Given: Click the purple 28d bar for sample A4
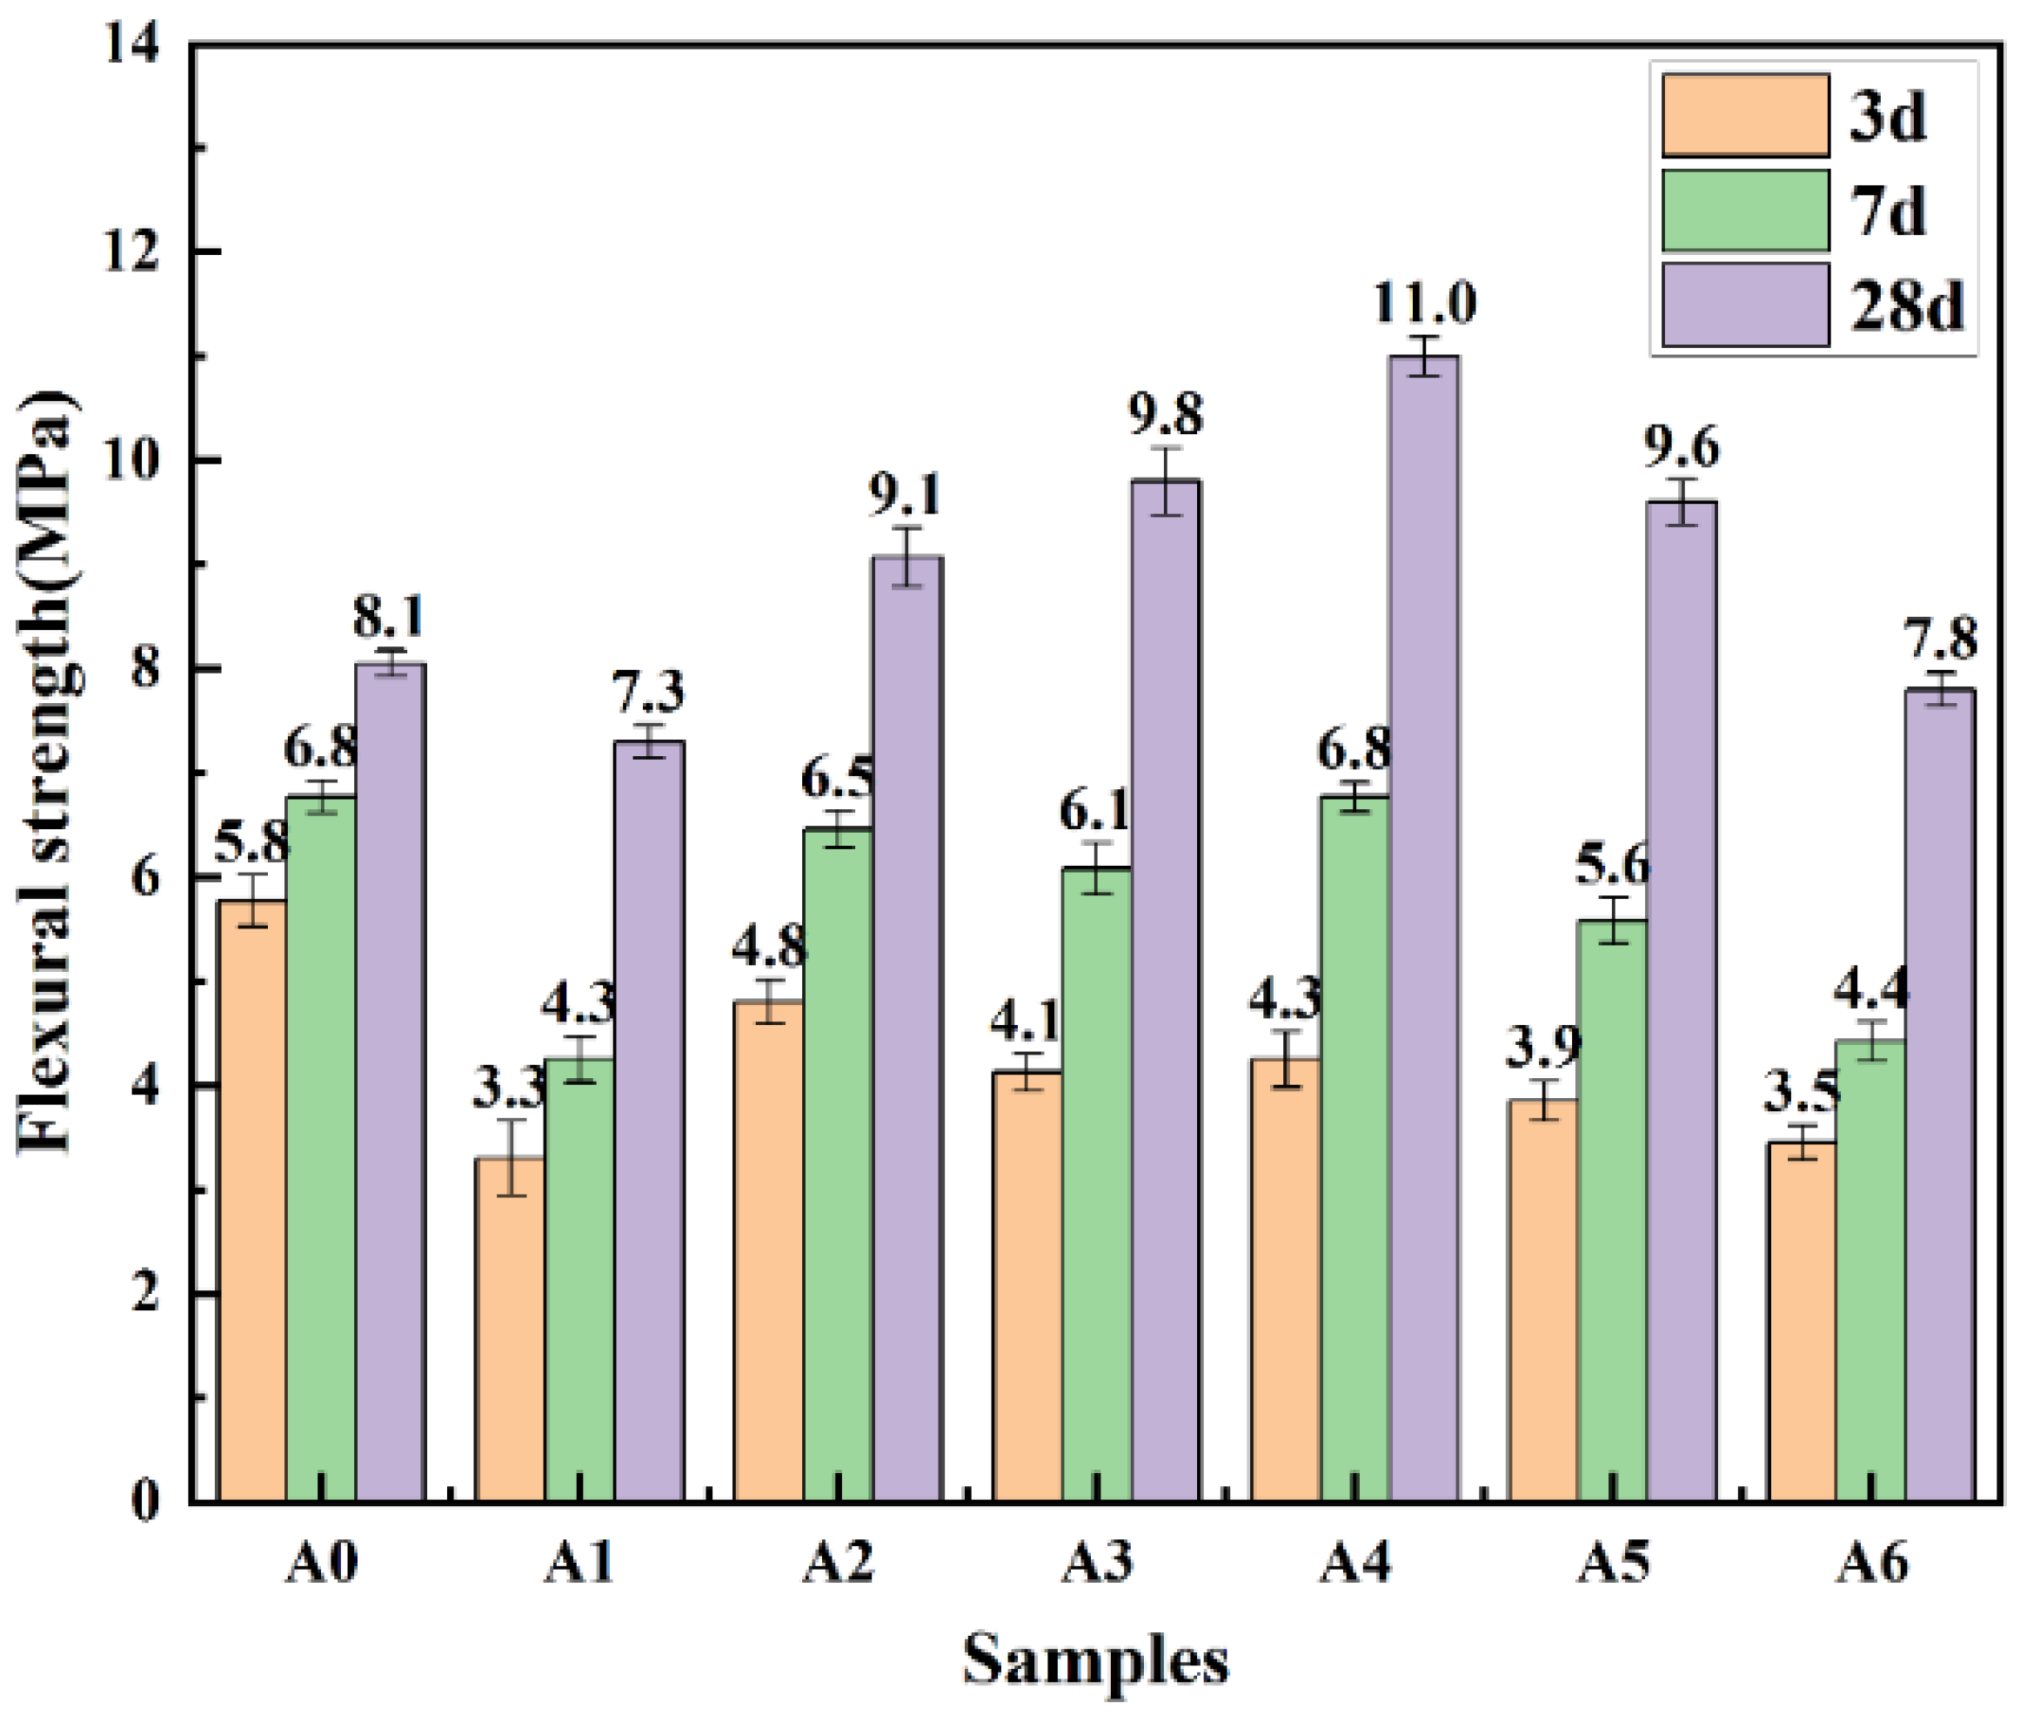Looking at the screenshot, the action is pyautogui.click(x=1424, y=928).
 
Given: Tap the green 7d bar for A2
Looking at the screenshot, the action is pyautogui.click(x=838, y=1165).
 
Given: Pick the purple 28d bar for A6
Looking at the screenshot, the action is pyautogui.click(x=1940, y=1095).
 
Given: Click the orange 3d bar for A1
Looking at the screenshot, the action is pyautogui.click(x=512, y=1330).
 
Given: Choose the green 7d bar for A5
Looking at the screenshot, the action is pyautogui.click(x=1613, y=1210).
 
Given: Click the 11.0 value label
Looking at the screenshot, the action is pyautogui.click(x=1424, y=304).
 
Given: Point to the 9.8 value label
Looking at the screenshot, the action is pyautogui.click(x=1166, y=414).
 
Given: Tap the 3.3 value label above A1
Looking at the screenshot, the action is pyautogui.click(x=510, y=1089).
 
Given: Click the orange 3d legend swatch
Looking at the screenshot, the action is pyautogui.click(x=1745, y=116).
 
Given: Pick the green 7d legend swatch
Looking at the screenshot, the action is pyautogui.click(x=1745, y=210).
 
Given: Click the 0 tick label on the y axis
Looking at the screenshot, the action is pyautogui.click(x=146, y=1501).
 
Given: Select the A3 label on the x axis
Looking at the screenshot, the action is pyautogui.click(x=1098, y=1564).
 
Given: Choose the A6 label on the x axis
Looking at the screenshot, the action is pyautogui.click(x=1872, y=1564).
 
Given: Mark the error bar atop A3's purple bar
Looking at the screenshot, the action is pyautogui.click(x=1166, y=481).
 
